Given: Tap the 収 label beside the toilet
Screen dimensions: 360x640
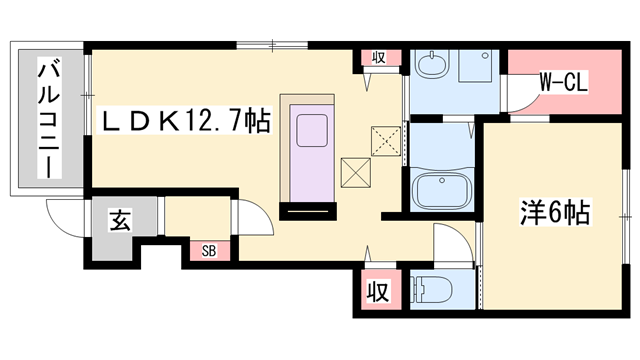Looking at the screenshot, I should pyautogui.click(x=376, y=293).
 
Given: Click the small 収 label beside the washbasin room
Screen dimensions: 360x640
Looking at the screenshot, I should pyautogui.click(x=379, y=58).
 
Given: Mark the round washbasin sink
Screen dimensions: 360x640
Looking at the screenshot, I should pyautogui.click(x=432, y=67).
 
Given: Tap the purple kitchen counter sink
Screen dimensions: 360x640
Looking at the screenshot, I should pyautogui.click(x=316, y=133).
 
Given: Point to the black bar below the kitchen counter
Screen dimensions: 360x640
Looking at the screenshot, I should pyautogui.click(x=308, y=211).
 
